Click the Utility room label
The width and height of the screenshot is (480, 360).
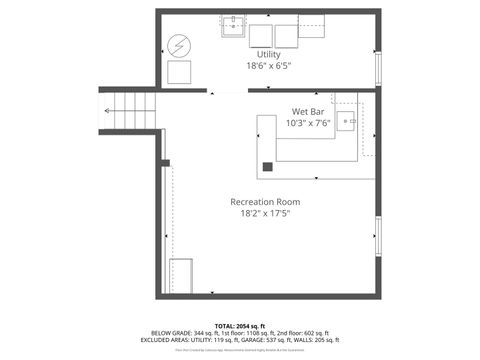pyautogui.click(x=269, y=54)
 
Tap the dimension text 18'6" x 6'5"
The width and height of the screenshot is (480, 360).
pyautogui.click(x=269, y=66)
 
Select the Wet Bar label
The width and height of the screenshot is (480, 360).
pyautogui.click(x=306, y=111)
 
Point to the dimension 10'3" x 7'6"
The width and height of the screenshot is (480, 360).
pyautogui.click(x=307, y=123)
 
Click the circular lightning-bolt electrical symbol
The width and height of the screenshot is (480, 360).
pyautogui.click(x=179, y=46)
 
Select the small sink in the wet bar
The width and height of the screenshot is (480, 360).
pyautogui.click(x=346, y=121)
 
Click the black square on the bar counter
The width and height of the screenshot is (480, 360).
pyautogui.click(x=268, y=167)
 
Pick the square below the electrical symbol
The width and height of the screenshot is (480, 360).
pyautogui.click(x=179, y=72)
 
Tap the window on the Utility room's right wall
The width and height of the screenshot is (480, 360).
pyautogui.click(x=378, y=66)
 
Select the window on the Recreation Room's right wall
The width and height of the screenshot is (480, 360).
pyautogui.click(x=378, y=236)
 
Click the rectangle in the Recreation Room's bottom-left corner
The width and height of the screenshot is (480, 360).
pyautogui.click(x=180, y=274)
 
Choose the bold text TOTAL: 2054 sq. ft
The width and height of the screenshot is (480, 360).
pyautogui.click(x=240, y=325)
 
